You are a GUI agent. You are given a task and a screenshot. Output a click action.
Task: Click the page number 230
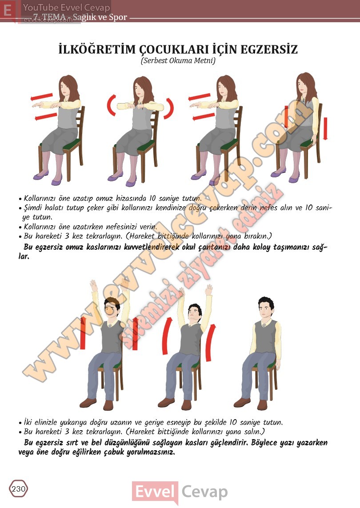coord(18,488)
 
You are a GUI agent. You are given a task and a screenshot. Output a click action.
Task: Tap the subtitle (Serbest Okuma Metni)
coord(178,60)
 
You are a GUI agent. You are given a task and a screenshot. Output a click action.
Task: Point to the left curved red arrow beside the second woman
coord(111,105)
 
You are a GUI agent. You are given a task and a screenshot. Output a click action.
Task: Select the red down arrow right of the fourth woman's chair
coord(325,128)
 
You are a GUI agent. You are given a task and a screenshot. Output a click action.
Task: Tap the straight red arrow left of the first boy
coord(83,333)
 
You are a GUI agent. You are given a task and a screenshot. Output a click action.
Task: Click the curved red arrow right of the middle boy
coord(210,343)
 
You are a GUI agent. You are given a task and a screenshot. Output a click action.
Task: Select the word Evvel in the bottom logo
coord(155,492)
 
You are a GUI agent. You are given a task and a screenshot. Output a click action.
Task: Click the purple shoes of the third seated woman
coord(206,178)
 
